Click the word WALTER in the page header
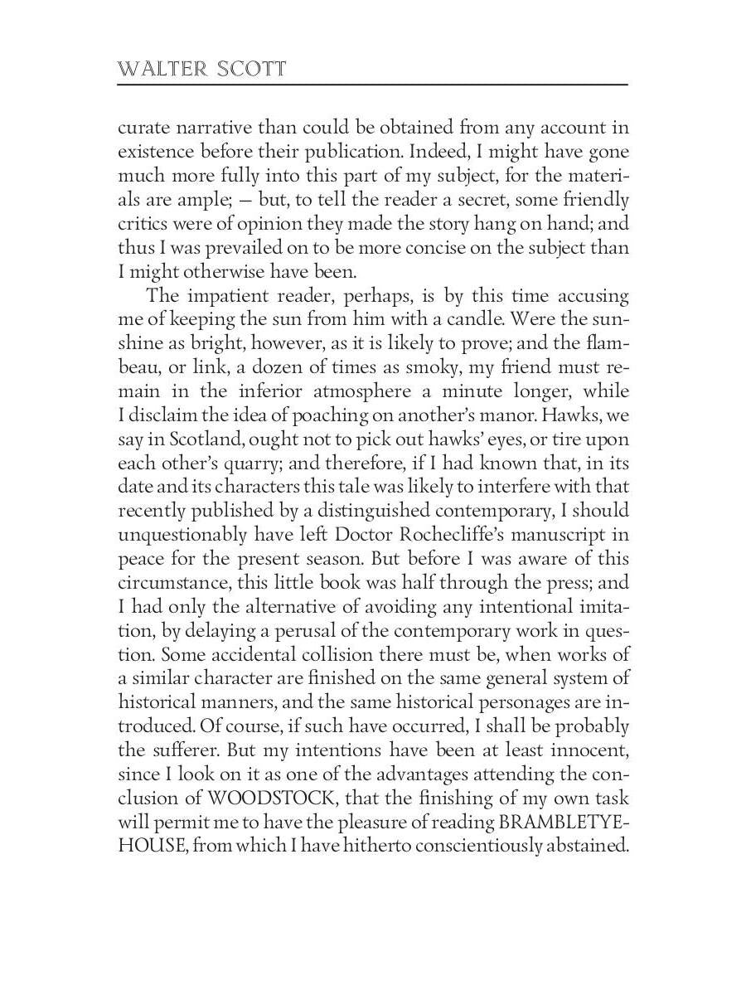coord(153,69)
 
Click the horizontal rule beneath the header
coord(373,85)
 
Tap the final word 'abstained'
coord(586,847)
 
